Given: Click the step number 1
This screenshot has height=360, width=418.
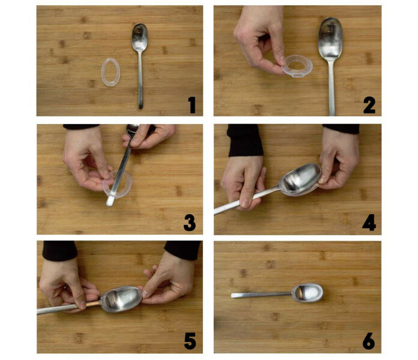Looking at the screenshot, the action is point(192,105).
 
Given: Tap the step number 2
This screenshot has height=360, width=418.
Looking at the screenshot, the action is point(369,106).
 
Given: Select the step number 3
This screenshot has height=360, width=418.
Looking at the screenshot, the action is point(190,223).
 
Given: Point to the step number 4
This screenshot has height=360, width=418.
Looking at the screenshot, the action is point(369,223).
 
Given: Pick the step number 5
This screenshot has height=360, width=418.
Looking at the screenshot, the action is point(190,341).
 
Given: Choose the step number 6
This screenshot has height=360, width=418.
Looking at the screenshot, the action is point(369,341).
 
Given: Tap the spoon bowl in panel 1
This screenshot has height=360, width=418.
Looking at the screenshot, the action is point(140,37).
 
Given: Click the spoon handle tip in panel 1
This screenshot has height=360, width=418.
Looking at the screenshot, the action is point(141,107).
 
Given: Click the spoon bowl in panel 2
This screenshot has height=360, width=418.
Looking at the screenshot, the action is point(330,40).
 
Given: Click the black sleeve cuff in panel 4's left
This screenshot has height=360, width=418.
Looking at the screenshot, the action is point(244,140).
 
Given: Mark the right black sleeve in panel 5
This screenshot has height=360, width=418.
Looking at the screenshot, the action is point(183,250).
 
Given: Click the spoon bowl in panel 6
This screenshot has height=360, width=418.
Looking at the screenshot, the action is point(307,292).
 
